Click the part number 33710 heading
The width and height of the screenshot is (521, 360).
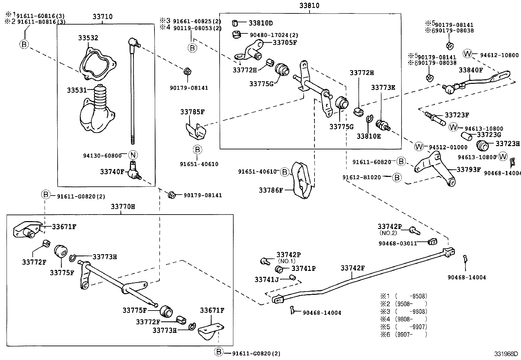[102, 17]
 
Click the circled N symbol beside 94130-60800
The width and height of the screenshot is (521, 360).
[133, 155]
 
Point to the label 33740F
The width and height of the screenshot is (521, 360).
[112, 171]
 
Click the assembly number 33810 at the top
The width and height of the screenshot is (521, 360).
[309, 6]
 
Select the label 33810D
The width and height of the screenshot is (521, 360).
[260, 23]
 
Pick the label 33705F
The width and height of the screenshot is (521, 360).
[284, 43]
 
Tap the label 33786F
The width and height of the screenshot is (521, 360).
[270, 190]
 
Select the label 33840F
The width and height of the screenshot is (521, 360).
[471, 70]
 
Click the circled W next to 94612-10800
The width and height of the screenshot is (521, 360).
[467, 54]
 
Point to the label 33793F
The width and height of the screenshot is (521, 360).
[468, 170]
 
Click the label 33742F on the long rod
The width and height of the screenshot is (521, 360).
[352, 268]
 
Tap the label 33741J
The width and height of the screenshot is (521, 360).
[266, 279]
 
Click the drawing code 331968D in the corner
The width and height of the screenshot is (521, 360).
[506, 354]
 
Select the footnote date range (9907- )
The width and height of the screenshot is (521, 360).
[411, 335]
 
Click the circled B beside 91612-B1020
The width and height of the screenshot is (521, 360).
[397, 178]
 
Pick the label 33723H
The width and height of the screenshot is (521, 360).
[507, 144]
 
